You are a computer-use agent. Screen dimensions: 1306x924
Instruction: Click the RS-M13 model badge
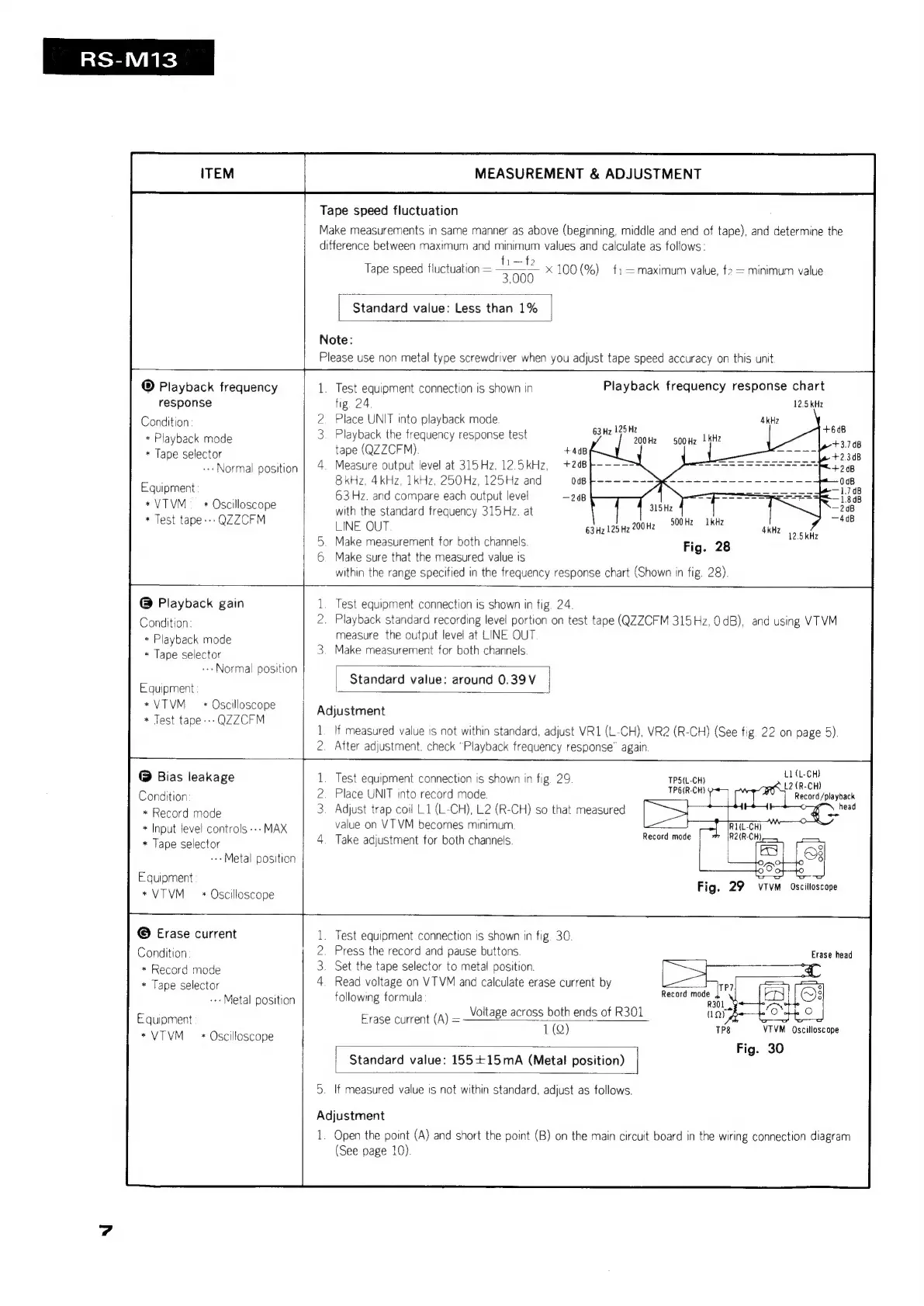click(x=128, y=58)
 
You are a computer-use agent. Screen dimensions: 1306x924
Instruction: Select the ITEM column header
click(x=216, y=174)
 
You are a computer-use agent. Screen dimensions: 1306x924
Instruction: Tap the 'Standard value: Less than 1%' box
click(x=445, y=308)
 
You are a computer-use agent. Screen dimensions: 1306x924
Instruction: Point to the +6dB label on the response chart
click(x=833, y=429)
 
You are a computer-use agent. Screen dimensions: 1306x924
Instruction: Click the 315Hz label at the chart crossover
click(x=660, y=508)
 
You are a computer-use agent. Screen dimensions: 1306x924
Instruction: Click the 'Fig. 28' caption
click(x=706, y=547)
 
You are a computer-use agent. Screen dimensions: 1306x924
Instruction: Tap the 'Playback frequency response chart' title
click(x=714, y=386)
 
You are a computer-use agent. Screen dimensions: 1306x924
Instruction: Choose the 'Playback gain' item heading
click(x=200, y=603)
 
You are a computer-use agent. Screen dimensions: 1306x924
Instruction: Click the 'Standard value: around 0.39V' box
click(x=442, y=680)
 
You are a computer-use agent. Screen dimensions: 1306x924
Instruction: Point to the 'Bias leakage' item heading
click(x=195, y=777)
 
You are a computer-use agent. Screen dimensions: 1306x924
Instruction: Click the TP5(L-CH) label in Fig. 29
click(x=686, y=781)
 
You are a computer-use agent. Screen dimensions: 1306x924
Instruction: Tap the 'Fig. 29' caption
click(x=720, y=887)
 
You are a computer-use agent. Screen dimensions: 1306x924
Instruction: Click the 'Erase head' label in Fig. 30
click(x=831, y=954)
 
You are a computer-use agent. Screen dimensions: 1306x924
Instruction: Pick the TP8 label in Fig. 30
click(x=722, y=1031)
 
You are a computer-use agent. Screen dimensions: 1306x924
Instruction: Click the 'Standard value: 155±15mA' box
click(x=486, y=1060)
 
